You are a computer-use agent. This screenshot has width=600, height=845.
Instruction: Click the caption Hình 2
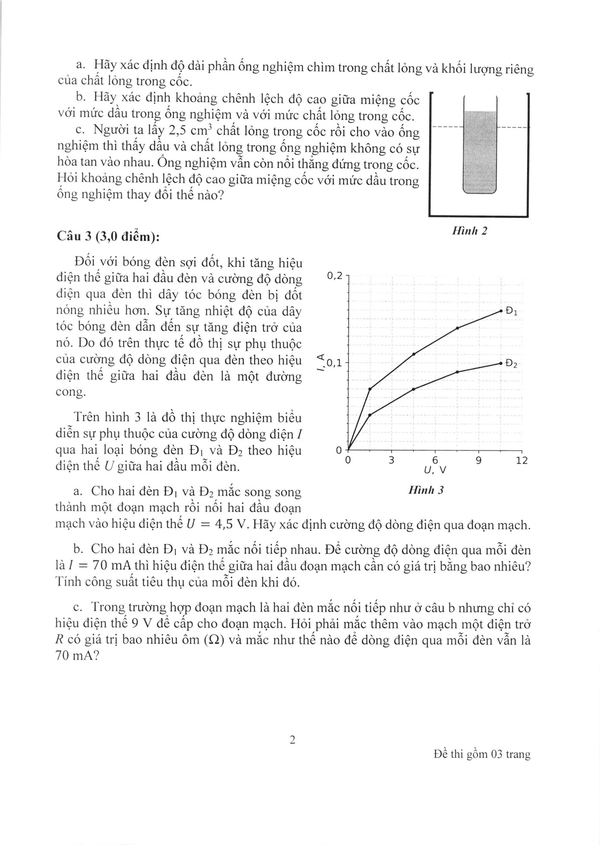point(470,231)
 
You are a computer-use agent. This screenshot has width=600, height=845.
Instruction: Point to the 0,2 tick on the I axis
point(335,276)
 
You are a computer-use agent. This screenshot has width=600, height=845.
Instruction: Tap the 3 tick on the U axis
point(392,460)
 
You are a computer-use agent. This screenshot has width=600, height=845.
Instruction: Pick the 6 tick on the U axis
point(435,460)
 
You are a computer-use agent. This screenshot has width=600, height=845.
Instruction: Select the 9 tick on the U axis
point(478,460)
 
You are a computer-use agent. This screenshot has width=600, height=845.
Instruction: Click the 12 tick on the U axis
point(522,460)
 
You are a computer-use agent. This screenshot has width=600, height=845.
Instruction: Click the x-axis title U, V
point(435,470)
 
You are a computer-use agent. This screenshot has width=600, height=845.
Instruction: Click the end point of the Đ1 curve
point(501,311)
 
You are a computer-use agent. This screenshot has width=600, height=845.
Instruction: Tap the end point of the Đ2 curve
point(501,363)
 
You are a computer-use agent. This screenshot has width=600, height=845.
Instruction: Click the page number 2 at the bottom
point(292,740)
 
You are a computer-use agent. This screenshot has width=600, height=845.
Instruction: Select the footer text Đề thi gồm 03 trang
point(482,754)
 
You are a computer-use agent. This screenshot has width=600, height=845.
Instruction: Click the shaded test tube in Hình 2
point(480,151)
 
